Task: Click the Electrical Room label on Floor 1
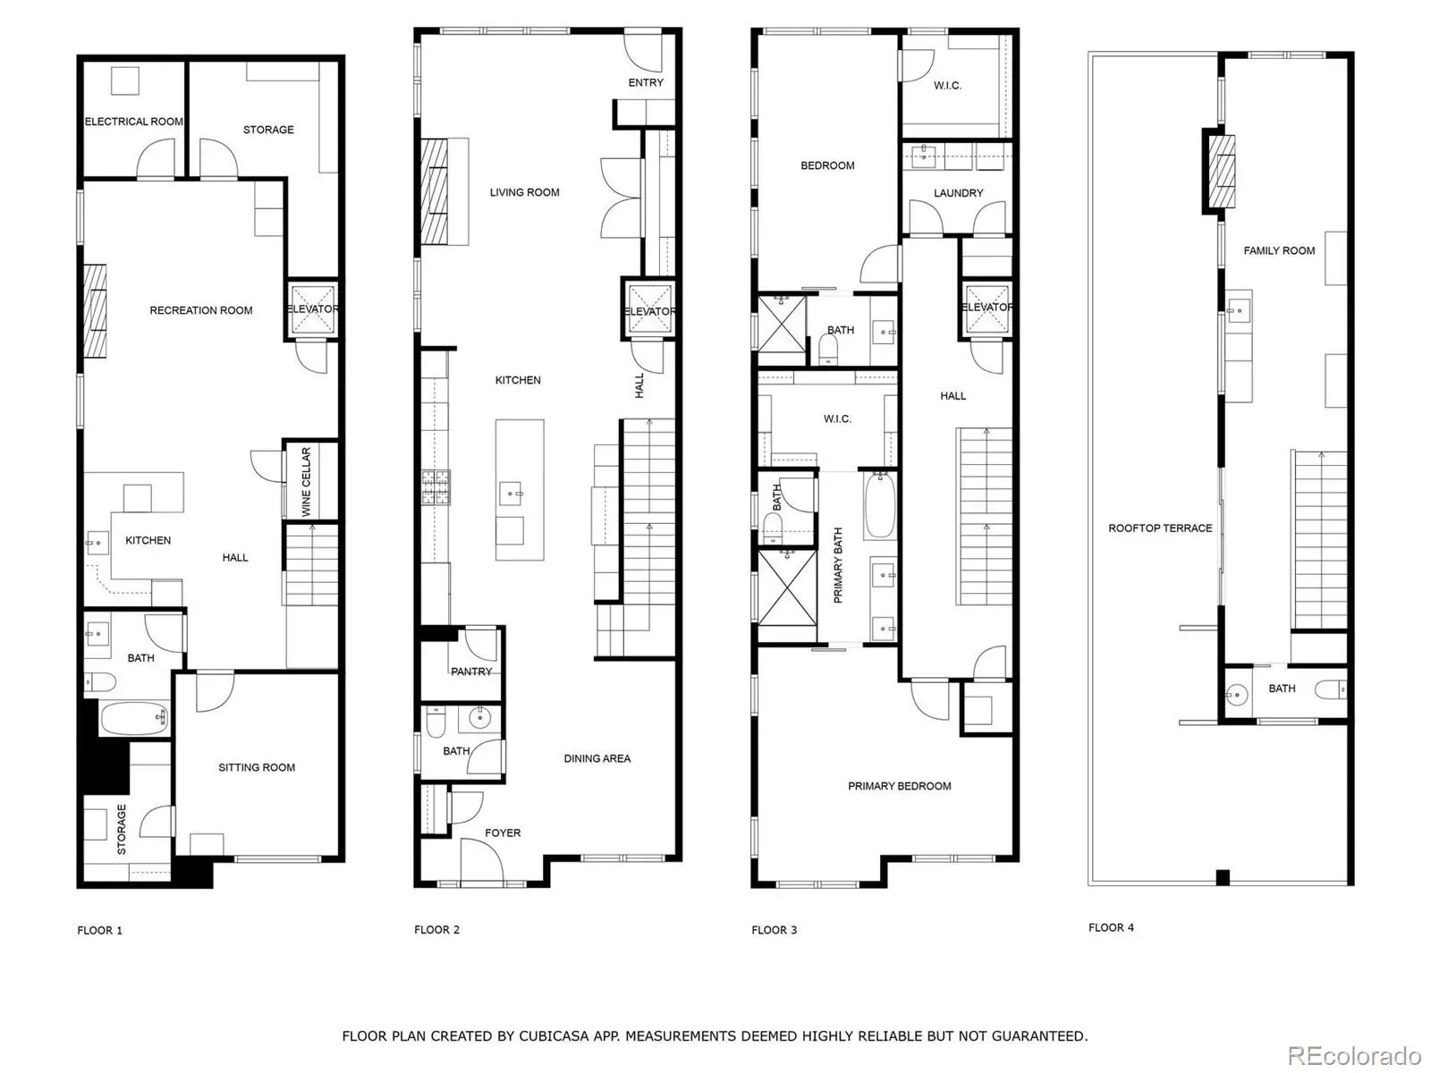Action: tap(133, 122)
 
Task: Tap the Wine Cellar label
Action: tap(306, 481)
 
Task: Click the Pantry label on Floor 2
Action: tap(470, 672)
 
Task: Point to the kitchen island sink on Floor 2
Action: tap(511, 494)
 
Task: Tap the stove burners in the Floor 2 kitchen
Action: tap(435, 487)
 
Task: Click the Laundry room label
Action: tap(958, 193)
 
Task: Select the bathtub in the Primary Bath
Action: tap(879, 505)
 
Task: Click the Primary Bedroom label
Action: tap(899, 786)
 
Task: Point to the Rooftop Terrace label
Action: tap(1160, 528)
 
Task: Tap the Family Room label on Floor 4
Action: tap(1278, 250)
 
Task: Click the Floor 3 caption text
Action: tap(774, 930)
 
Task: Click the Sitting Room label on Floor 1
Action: tap(256, 767)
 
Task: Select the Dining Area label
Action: tap(597, 758)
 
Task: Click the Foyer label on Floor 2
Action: tap(502, 832)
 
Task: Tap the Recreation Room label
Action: tap(201, 310)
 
